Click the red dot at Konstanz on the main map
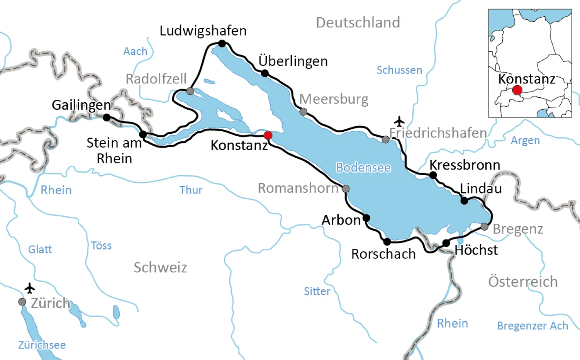click(268, 135)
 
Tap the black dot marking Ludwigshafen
click(222, 43)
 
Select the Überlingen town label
click(293, 61)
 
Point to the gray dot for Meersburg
click(303, 112)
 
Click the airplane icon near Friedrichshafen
click(399, 122)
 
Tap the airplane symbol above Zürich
click(29, 288)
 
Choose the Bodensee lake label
click(363, 168)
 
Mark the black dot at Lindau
click(464, 200)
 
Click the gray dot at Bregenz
click(484, 227)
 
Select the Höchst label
click(476, 250)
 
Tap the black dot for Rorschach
click(387, 242)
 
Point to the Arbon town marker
click(366, 218)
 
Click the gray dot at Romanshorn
click(346, 189)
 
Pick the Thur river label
click(191, 190)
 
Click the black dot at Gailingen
click(107, 118)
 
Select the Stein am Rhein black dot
click(143, 134)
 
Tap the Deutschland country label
click(358, 22)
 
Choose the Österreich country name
click(523, 282)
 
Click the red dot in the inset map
click(517, 90)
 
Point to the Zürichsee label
click(42, 345)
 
